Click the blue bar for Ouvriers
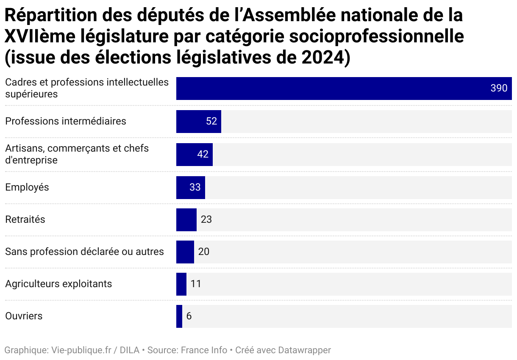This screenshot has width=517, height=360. pos(179,316)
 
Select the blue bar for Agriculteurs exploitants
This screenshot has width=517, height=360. pos(181,284)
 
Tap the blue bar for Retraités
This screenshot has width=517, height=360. pos(186,220)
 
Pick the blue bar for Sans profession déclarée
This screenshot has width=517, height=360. pos(185,252)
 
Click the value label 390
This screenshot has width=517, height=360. pos(499,89)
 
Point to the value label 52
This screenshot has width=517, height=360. pos(211,122)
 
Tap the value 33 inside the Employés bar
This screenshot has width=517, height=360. pos(195,187)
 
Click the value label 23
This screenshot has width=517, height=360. pos(206,220)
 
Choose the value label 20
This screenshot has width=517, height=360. pos(204,252)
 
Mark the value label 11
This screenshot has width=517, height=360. pos(196,284)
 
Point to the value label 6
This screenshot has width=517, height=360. pos(189,316)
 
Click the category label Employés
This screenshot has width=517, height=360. pos(27,187)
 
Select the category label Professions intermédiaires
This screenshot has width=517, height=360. pos(66,121)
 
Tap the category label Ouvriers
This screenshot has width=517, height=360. pos(24,316)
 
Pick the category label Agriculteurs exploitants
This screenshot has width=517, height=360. pos(58,284)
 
